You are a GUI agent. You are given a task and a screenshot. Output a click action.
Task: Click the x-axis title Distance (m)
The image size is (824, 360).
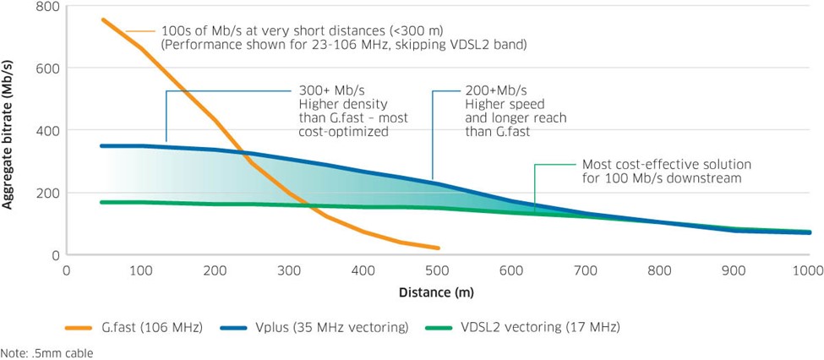[x=437, y=293]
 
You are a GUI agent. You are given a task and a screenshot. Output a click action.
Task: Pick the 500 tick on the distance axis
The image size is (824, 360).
[x=437, y=271]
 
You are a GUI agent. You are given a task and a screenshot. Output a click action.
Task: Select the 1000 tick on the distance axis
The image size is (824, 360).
[x=807, y=271]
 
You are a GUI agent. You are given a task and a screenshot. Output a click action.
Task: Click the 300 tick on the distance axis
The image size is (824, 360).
[x=289, y=271]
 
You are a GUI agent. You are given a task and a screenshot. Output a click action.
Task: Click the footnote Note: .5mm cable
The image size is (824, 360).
[x=46, y=353]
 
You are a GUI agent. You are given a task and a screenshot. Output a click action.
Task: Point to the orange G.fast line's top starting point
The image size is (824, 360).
[x=103, y=19]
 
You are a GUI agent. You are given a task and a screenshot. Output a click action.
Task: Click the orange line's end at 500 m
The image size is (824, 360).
[x=438, y=248]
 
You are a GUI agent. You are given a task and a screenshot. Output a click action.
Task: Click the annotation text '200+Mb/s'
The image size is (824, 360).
[x=495, y=90]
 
